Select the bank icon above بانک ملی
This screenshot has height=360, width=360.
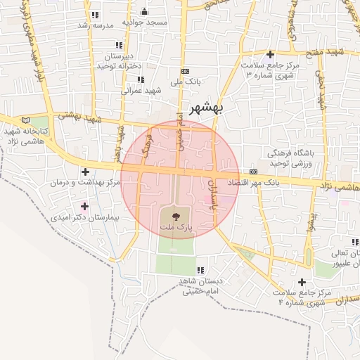[x=185, y=71]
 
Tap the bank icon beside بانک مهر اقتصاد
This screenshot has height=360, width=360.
[x=253, y=172]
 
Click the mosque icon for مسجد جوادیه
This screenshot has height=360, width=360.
[x=145, y=11]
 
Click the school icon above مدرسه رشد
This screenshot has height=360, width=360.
[x=95, y=15]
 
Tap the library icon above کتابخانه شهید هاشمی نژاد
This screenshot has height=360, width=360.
[x=27, y=121]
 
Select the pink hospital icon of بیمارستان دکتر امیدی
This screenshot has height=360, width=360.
[x=86, y=206]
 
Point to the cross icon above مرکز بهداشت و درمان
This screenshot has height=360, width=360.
[x=86, y=171]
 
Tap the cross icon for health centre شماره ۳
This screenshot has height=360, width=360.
[x=271, y=54]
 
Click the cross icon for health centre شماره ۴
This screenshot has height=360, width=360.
[x=302, y=282]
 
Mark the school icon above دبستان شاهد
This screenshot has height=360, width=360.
[x=201, y=270]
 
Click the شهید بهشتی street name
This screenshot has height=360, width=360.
[x=79, y=118]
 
